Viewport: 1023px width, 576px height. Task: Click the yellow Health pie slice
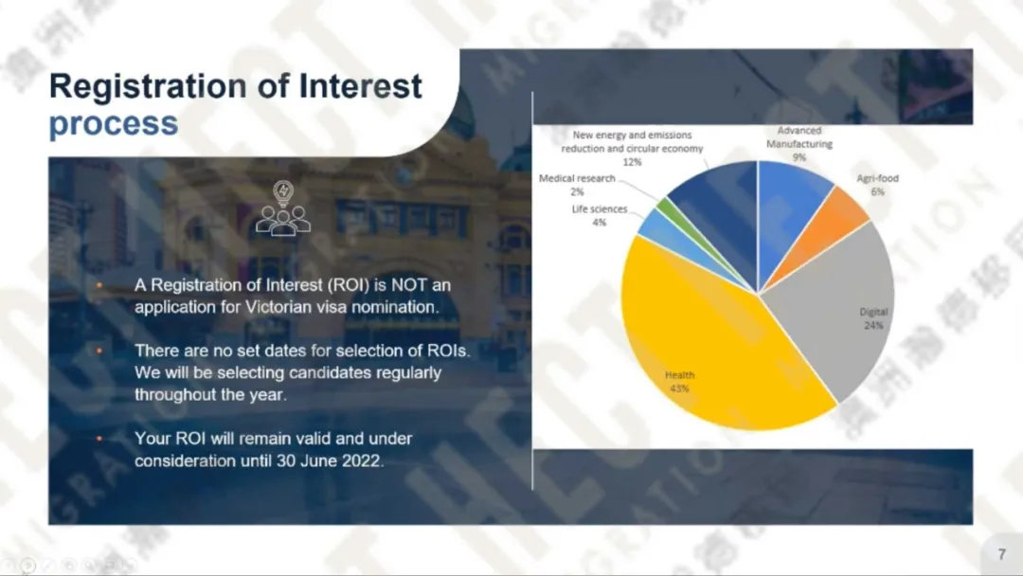711,352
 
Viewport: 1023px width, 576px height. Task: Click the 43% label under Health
679,388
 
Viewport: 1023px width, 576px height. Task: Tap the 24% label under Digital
873,326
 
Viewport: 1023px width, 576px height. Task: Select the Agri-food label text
877,178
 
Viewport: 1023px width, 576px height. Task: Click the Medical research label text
577,178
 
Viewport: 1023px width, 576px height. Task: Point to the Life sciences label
600,208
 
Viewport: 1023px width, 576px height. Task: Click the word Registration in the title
147,87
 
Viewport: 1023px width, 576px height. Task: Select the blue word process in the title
114,124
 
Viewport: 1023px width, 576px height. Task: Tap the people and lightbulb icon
283,207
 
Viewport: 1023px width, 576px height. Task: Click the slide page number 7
1002,554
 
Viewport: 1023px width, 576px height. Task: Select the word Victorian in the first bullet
278,307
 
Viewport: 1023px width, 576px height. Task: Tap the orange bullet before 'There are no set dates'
99,351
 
